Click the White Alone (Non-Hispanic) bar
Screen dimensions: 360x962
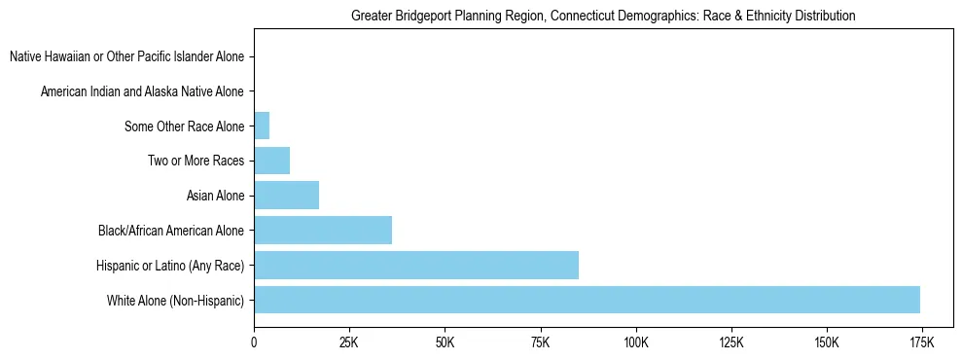pos(587,300)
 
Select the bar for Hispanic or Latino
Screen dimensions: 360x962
pos(416,265)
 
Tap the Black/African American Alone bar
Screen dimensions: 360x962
pos(323,231)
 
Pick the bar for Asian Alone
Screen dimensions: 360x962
pos(286,196)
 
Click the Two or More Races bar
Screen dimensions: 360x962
pos(271,161)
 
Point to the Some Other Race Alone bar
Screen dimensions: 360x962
pos(262,126)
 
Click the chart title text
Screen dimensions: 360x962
pos(603,16)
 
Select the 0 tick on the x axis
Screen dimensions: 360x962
pos(254,343)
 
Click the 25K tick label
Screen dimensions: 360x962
pos(349,343)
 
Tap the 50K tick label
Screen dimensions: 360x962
pos(445,343)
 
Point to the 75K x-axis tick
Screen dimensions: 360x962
pos(540,343)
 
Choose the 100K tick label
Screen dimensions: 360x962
pos(635,343)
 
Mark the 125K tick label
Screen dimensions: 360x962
pos(730,343)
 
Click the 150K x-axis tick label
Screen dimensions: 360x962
pos(826,343)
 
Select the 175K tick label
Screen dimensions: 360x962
pos(921,343)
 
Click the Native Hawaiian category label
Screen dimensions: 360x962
pos(126,56)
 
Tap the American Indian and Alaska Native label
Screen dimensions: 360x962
pos(142,91)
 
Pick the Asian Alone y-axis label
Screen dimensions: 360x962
pos(215,196)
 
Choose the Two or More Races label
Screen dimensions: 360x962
pos(196,161)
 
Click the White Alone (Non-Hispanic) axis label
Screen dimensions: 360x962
pos(175,300)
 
